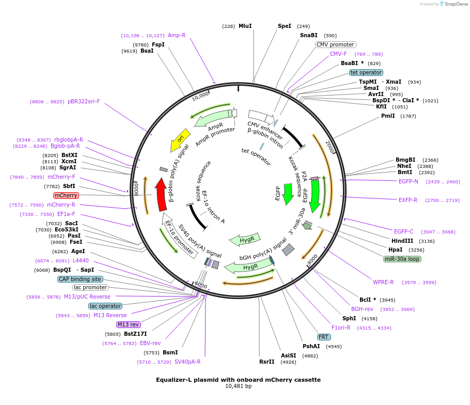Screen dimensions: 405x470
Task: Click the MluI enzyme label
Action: click(x=245, y=26)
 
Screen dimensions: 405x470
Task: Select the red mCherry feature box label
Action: click(x=66, y=196)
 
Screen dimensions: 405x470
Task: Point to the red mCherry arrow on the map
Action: click(x=161, y=194)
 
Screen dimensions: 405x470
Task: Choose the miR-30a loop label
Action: click(x=402, y=259)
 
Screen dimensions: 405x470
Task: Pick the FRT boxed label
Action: click(x=324, y=337)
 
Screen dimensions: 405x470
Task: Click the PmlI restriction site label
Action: click(x=388, y=116)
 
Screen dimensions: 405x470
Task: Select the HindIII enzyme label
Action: click(x=402, y=241)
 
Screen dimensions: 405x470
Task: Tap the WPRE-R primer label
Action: click(x=383, y=282)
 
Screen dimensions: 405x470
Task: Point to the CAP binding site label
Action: click(x=80, y=279)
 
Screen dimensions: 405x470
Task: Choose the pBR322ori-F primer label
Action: click(x=84, y=102)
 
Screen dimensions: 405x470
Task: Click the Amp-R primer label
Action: click(x=177, y=36)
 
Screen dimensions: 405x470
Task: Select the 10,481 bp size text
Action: click(x=238, y=386)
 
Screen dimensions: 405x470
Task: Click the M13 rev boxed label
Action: click(x=129, y=324)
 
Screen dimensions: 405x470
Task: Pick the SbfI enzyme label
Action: click(x=69, y=186)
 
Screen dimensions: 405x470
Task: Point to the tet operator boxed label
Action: click(x=366, y=72)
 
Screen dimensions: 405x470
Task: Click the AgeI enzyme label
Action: click(x=78, y=251)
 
